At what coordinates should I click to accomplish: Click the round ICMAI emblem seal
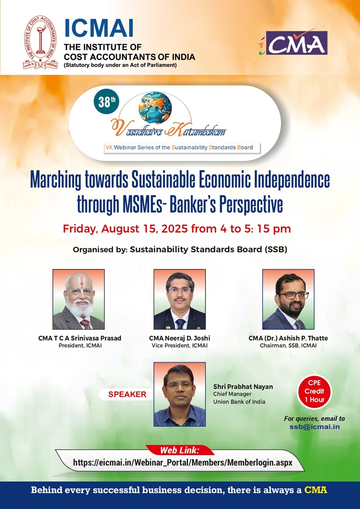[x=40, y=42]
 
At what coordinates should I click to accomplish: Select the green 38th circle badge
[x=104, y=103]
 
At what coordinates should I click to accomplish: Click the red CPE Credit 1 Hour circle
[x=314, y=392]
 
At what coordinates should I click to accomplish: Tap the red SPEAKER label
[x=127, y=394]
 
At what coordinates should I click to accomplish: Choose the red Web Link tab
[x=180, y=450]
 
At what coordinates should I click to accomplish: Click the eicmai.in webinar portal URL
[x=183, y=463]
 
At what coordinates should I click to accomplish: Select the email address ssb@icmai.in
[x=315, y=427]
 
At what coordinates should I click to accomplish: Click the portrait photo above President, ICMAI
[x=79, y=299]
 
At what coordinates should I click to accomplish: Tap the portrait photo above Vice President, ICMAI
[x=180, y=299]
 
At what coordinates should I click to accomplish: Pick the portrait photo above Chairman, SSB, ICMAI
[x=288, y=299]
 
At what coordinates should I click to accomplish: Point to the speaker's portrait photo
[x=180, y=394]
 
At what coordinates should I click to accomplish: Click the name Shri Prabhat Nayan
[x=243, y=387]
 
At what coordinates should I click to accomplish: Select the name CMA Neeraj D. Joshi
[x=180, y=338]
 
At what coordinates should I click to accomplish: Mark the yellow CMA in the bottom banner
[x=315, y=490]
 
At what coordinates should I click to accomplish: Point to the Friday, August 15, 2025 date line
[x=176, y=229]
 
